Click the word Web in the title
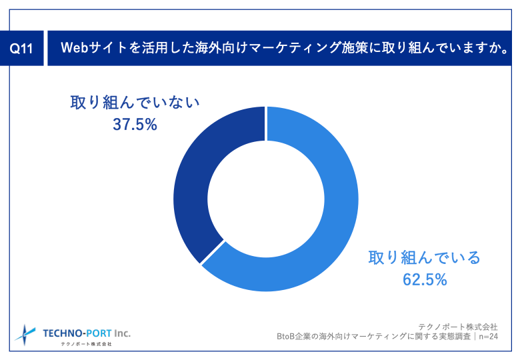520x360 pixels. [73, 48]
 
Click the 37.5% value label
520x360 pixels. [135, 125]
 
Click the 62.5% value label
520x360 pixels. [424, 279]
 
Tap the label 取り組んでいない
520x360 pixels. [135, 103]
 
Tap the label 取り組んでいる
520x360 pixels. [424, 257]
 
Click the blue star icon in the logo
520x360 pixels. [25, 333]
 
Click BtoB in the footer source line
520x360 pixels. [287, 337]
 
